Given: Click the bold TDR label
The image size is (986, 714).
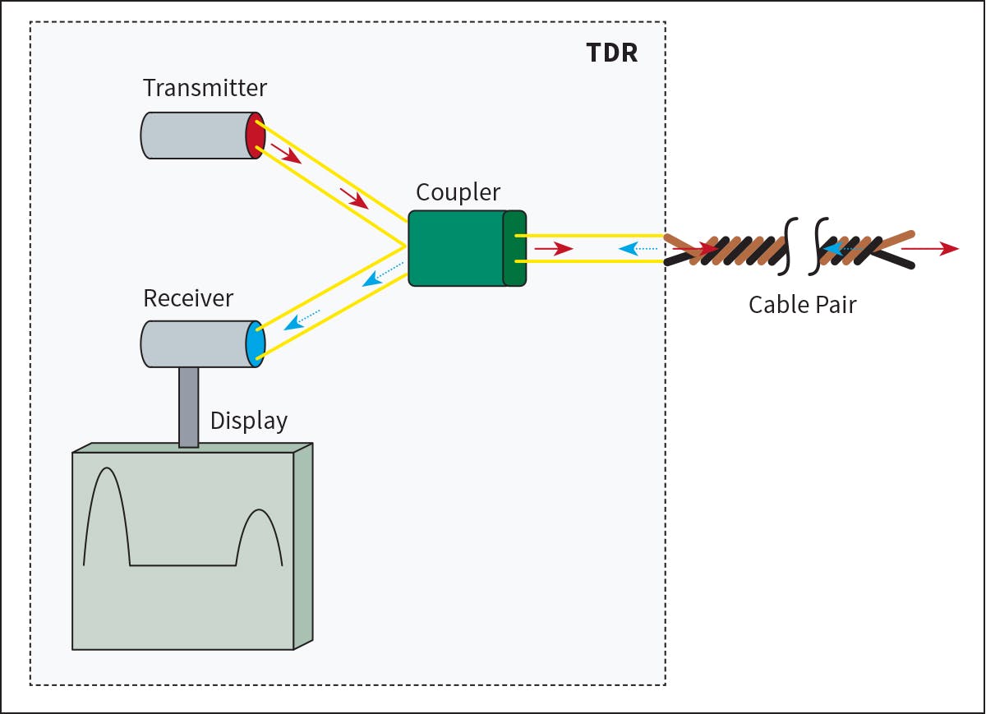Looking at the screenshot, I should [611, 52].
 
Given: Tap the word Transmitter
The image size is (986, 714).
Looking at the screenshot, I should [205, 88].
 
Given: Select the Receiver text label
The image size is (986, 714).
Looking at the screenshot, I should [188, 297].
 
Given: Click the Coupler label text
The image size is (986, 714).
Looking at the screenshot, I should [458, 192].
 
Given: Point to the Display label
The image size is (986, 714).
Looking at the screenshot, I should [249, 421].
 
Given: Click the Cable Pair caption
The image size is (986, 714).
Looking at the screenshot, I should [802, 305].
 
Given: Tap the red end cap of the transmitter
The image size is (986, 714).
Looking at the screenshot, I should [256, 136].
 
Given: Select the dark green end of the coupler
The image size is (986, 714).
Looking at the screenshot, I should [514, 248].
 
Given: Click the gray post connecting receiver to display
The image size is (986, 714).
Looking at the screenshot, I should [188, 406].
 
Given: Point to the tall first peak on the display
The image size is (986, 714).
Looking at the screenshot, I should [107, 493].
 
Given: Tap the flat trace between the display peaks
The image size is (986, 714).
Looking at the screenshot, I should [182, 565].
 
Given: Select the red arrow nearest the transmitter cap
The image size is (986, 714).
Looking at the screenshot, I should [286, 154].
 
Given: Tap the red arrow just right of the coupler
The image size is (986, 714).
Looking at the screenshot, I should [553, 248].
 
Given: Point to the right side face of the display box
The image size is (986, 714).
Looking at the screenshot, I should [303, 546].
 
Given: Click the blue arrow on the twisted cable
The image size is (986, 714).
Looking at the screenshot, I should [836, 246].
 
